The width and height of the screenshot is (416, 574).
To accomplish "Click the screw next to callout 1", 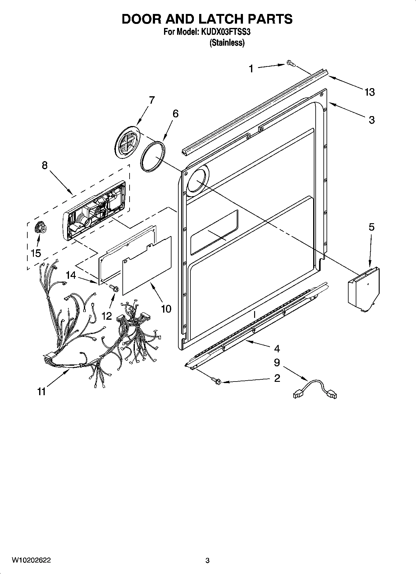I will [290, 64].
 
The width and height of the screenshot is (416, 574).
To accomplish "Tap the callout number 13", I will [369, 92].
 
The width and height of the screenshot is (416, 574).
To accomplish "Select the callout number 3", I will [372, 120].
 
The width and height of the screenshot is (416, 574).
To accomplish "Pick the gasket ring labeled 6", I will [153, 156].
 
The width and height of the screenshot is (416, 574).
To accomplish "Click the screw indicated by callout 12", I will [114, 288].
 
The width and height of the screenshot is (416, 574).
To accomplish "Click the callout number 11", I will [41, 391].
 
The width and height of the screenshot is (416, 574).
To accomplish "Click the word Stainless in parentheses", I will [227, 43].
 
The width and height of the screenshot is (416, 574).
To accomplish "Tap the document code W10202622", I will [31, 560].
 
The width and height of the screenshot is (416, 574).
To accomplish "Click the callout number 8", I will [45, 165].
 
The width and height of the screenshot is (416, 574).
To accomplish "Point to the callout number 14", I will [71, 275].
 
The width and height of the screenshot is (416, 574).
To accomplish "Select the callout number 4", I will [277, 349].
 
